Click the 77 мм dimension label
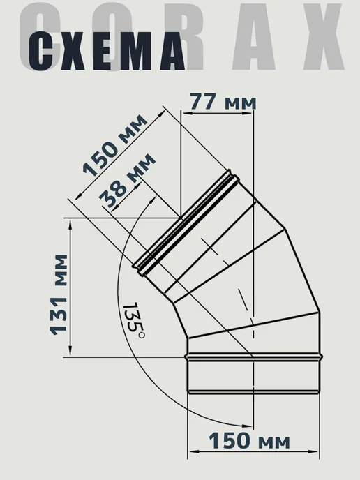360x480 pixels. point(223,102)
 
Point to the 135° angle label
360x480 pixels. point(133,320)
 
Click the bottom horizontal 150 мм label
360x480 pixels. point(249,441)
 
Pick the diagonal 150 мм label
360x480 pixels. point(115,146)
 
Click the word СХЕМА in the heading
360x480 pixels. point(107,51)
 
